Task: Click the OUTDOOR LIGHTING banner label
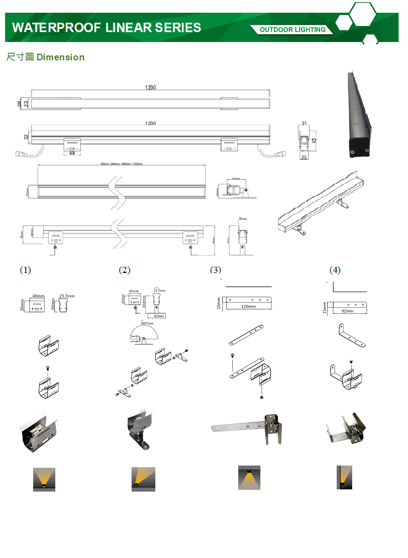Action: click(292, 29)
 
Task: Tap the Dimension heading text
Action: click(60, 57)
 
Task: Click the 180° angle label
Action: click(147, 323)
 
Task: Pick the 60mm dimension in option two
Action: click(159, 316)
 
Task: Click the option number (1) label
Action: click(25, 270)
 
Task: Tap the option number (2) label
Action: click(124, 270)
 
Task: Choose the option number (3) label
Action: click(216, 270)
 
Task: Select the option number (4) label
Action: click(335, 270)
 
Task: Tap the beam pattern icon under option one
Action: click(44, 479)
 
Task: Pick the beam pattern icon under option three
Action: click(249, 478)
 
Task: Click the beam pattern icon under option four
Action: click(345, 478)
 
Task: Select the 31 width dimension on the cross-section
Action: click(304, 123)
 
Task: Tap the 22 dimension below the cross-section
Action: click(304, 157)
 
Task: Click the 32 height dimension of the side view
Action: click(26, 136)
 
